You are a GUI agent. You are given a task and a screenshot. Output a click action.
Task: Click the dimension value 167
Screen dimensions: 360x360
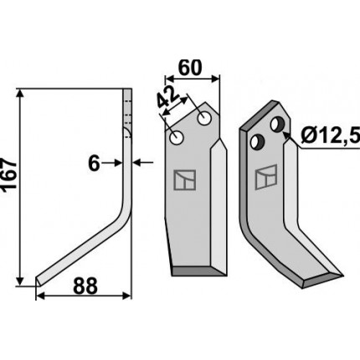(9, 176)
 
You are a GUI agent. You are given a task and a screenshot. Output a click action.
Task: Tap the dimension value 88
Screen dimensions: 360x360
(85, 285)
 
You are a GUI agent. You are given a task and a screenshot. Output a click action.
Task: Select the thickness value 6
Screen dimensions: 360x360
(94, 163)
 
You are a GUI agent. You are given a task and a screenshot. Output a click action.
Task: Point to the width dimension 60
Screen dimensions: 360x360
(190, 68)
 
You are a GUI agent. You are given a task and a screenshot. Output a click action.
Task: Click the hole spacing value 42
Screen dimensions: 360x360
(167, 97)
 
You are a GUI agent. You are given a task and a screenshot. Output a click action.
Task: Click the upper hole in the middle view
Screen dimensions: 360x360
(204, 119)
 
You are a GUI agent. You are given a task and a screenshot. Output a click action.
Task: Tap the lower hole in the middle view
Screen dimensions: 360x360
(177, 137)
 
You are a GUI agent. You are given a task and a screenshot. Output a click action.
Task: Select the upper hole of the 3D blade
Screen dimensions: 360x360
(277, 124)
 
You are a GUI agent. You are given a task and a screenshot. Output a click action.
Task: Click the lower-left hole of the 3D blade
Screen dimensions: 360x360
(256, 141)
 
